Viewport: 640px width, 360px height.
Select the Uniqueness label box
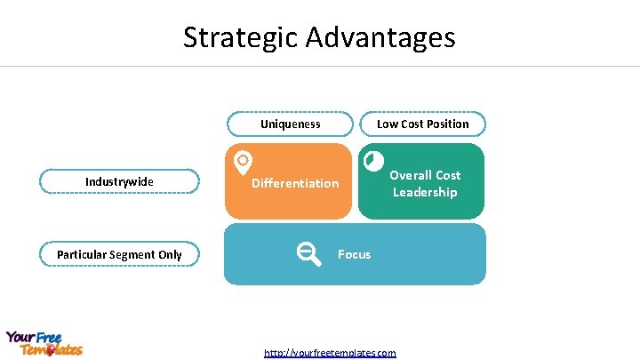click(x=290, y=124)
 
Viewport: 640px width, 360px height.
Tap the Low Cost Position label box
click(x=422, y=124)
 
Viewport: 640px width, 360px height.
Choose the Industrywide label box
click(x=119, y=181)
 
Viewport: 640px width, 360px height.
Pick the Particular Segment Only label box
click(x=119, y=254)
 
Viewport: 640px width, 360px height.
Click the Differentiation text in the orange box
click(x=295, y=183)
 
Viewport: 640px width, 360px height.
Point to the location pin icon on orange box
click(x=242, y=162)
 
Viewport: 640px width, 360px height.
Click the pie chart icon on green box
click(x=374, y=161)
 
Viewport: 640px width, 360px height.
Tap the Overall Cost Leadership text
click(x=425, y=183)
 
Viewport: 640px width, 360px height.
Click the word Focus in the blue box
click(x=354, y=254)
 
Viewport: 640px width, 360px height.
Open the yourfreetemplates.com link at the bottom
click(x=330, y=353)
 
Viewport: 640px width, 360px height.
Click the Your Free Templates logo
click(x=44, y=343)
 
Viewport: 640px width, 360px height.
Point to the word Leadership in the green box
click(x=425, y=192)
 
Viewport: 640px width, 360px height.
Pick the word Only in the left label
click(x=170, y=254)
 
